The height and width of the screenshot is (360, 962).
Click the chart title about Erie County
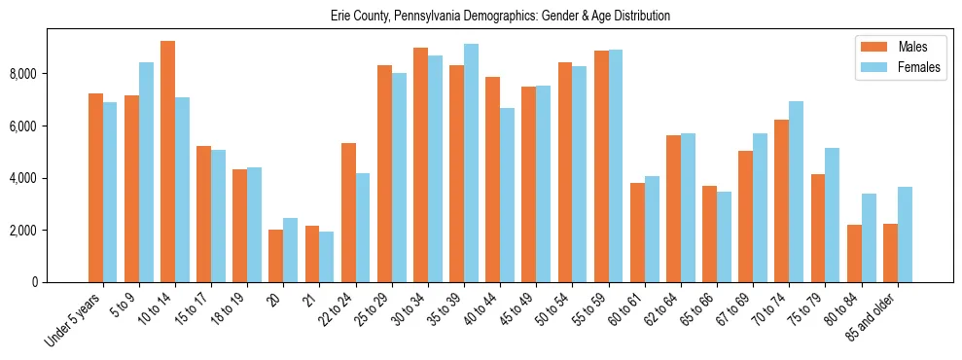pos(481,17)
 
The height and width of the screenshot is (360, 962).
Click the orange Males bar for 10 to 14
pos(167,162)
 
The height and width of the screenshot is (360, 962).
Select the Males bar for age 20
pos(275,256)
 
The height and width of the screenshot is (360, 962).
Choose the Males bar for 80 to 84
pos(854,253)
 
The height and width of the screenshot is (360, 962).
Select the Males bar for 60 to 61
pos(637,233)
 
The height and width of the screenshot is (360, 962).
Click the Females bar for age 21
pos(327,257)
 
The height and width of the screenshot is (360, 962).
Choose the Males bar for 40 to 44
pos(492,179)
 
